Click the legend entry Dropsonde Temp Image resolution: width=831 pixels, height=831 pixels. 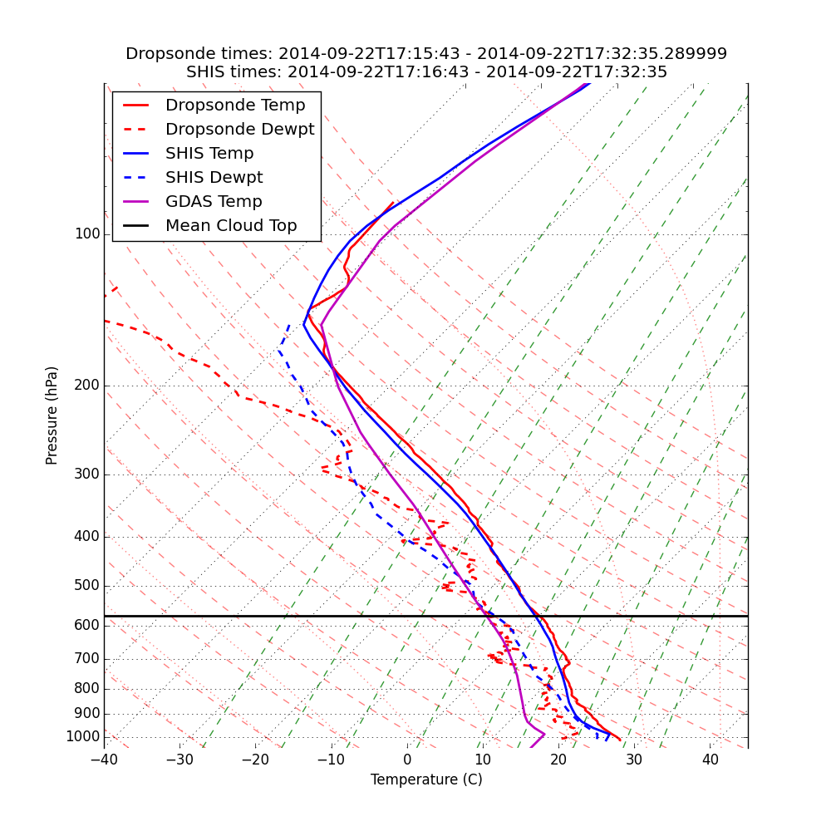(235, 106)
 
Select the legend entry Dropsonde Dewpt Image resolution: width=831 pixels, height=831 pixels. (239, 130)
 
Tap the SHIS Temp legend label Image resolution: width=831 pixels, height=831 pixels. (209, 154)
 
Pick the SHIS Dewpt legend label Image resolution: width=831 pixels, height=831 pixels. (214, 178)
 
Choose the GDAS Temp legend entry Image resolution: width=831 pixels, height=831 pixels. (214, 202)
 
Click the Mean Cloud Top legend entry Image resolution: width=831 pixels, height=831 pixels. (231, 226)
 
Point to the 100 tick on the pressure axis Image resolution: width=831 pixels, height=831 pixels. (87, 234)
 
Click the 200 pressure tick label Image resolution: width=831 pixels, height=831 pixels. (87, 386)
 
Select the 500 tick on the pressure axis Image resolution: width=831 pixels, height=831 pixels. (87, 586)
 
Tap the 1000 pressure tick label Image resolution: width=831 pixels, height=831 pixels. (83, 737)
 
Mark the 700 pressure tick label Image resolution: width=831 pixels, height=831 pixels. (87, 659)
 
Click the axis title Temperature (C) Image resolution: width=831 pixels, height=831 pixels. (426, 779)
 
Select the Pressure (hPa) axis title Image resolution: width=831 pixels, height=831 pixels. (52, 415)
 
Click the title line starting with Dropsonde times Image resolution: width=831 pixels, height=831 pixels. (426, 54)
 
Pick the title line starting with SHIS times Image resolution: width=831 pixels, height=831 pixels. (426, 72)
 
